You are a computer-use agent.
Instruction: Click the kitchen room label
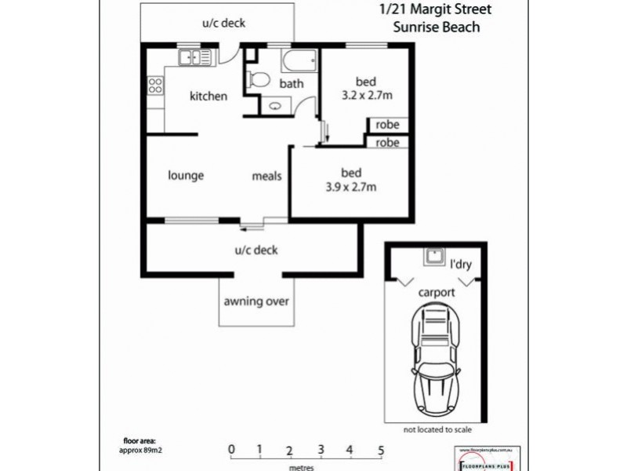pos(208,97)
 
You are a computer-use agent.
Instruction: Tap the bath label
pos(292,83)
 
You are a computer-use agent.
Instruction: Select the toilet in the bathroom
pos(258,78)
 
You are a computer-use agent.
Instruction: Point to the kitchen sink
pos(194,57)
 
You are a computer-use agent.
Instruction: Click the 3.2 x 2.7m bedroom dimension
pos(367,95)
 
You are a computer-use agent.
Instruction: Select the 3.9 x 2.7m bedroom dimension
pos(351,187)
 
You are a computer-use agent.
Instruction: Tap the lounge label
pos(186,175)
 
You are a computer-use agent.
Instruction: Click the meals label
pos(266,176)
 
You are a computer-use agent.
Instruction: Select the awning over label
pos(257,301)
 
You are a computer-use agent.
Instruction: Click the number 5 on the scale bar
pos(381,450)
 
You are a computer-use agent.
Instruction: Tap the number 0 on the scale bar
pos(231,450)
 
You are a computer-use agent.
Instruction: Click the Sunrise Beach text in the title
pos(437,27)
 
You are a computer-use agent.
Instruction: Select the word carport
pos(437,292)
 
